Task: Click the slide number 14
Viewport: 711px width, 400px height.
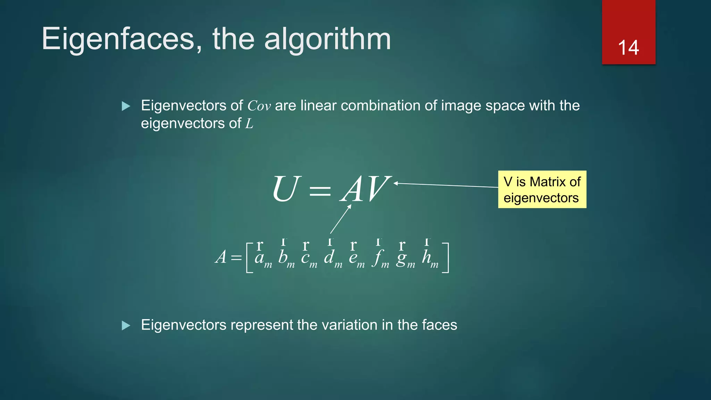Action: click(x=628, y=48)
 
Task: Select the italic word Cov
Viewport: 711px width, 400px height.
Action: click(x=259, y=106)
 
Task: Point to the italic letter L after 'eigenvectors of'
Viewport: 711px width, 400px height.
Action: click(x=249, y=124)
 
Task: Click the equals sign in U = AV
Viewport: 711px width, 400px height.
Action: click(x=320, y=191)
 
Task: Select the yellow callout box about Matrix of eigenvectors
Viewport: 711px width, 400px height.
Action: click(x=542, y=189)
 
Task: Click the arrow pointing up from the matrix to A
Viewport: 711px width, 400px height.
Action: click(x=341, y=219)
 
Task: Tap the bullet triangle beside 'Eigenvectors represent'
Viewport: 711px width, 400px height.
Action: click(x=126, y=325)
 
